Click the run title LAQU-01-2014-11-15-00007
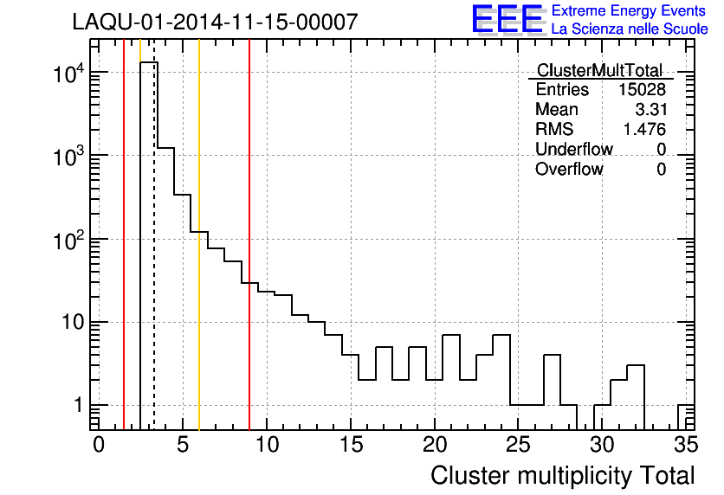[x=215, y=22]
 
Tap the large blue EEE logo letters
[x=507, y=19]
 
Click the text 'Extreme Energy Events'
[x=629, y=11]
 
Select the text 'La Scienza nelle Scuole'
[x=629, y=29]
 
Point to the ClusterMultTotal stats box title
[x=599, y=71]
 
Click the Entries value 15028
[x=642, y=90]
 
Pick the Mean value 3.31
[x=650, y=110]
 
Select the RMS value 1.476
[x=644, y=130]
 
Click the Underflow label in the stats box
[x=573, y=150]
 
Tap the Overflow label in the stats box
[x=569, y=170]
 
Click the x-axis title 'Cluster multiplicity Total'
[x=562, y=475]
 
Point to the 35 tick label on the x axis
[x=685, y=445]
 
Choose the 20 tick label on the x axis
[x=434, y=445]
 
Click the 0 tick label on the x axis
[x=99, y=445]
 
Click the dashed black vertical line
[x=154, y=260]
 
